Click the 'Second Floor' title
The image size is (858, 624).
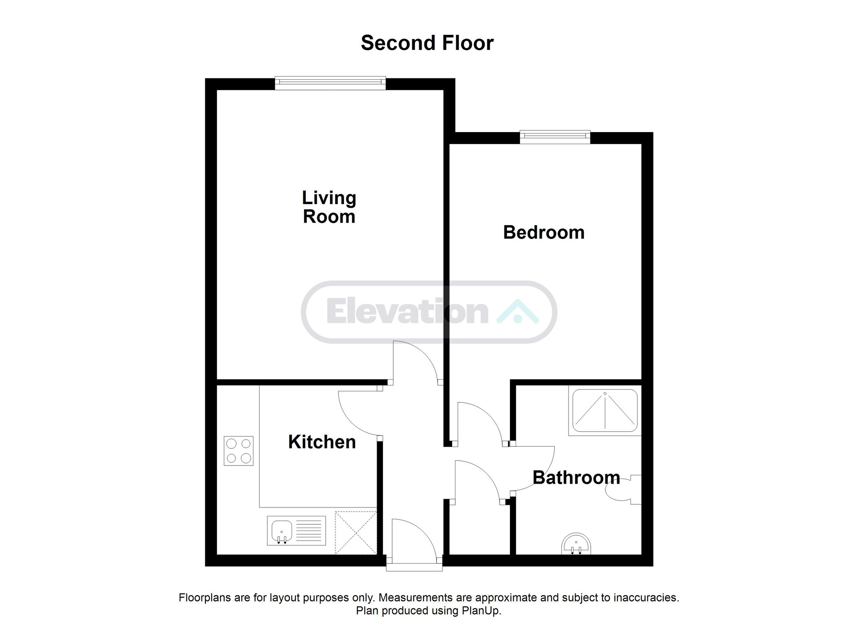(x=427, y=43)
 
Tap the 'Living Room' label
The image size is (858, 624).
(x=329, y=207)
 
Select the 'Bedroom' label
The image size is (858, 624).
(x=544, y=232)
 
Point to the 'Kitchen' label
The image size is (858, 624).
(x=322, y=442)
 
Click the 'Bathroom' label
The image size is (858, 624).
(x=576, y=477)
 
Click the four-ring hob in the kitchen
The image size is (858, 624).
(x=239, y=451)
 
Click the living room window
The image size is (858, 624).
(x=330, y=83)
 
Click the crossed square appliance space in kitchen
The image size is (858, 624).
(x=356, y=533)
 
